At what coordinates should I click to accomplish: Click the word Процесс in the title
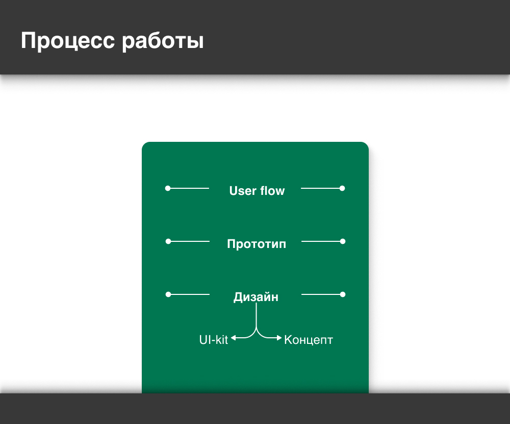tap(68, 41)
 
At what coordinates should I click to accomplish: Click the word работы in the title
tap(163, 41)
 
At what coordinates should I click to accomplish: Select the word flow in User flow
tap(272, 191)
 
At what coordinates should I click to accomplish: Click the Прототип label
tap(257, 244)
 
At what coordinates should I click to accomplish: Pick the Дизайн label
tap(256, 297)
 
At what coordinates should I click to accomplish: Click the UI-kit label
tap(213, 340)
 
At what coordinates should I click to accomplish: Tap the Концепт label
tap(309, 340)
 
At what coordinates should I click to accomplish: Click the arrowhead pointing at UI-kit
tap(233, 338)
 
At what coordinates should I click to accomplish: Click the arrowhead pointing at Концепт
tap(279, 338)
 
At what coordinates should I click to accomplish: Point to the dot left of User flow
tap(168, 188)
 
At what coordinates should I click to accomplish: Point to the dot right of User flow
tap(342, 188)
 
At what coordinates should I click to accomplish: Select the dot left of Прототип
tap(168, 241)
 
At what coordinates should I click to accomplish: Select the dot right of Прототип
tap(343, 241)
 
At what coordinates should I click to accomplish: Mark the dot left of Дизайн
tap(168, 294)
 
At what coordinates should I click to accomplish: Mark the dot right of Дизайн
tap(343, 294)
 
